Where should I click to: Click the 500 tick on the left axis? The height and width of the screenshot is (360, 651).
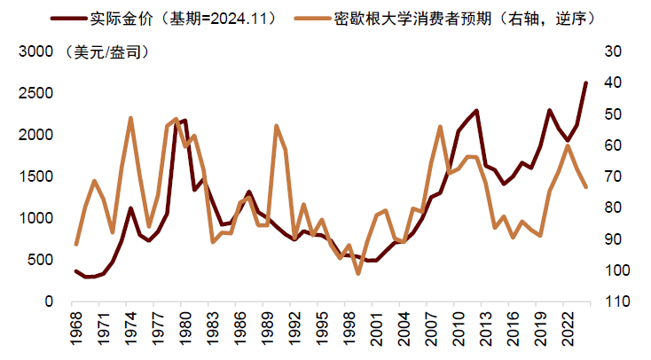tap(39, 260)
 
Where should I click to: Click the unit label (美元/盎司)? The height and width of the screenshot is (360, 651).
tap(106, 51)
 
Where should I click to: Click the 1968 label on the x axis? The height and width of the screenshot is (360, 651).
tap(76, 330)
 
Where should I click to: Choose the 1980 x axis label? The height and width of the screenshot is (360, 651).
tap(184, 330)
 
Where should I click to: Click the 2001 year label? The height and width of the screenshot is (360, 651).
tap(376, 330)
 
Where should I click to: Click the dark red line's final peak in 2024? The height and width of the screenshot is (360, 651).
tap(585, 82)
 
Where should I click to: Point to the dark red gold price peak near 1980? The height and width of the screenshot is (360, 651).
tap(184, 121)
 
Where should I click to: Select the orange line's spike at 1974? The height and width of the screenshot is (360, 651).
tap(130, 118)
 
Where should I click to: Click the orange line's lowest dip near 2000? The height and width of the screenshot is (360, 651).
tap(357, 273)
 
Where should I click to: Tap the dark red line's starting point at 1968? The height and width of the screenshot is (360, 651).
tap(76, 271)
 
